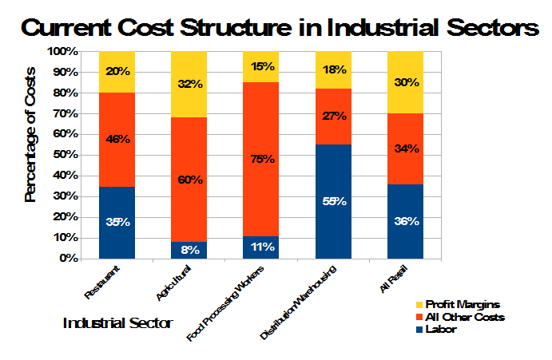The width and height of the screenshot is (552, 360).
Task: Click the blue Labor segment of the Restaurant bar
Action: pos(117,223)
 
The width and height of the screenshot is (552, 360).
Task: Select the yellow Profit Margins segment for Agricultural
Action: pos(189,84)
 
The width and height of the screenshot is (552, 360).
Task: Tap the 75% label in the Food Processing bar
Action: pos(261,159)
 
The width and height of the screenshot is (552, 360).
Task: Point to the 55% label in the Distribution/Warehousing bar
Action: pos(334,202)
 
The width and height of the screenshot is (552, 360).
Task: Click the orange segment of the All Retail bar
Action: pos(406,148)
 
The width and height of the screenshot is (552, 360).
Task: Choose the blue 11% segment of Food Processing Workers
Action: pos(261,247)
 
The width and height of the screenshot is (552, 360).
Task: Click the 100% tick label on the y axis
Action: pos(64,51)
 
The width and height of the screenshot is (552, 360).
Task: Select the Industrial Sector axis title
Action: pos(117,324)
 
